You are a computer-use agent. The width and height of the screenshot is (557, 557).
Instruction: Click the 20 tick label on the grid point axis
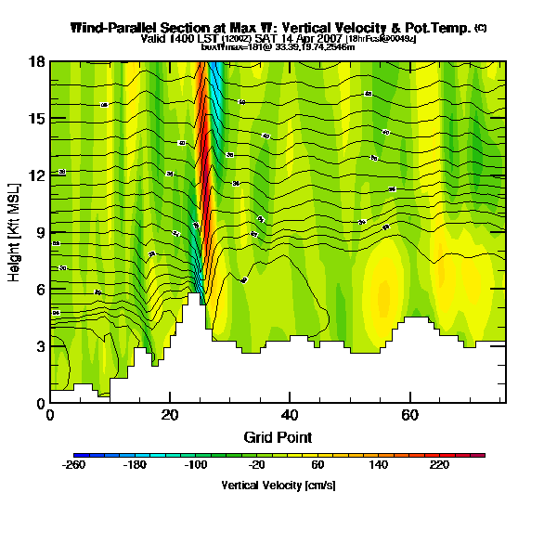point(170,415)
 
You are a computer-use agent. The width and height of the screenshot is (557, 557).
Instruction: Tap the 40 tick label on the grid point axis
point(290,415)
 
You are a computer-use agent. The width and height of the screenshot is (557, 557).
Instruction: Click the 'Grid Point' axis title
point(278,436)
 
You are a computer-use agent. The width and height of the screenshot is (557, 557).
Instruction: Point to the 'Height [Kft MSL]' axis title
point(15,232)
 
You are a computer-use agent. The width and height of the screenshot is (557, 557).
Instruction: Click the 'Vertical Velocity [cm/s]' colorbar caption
point(278,485)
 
